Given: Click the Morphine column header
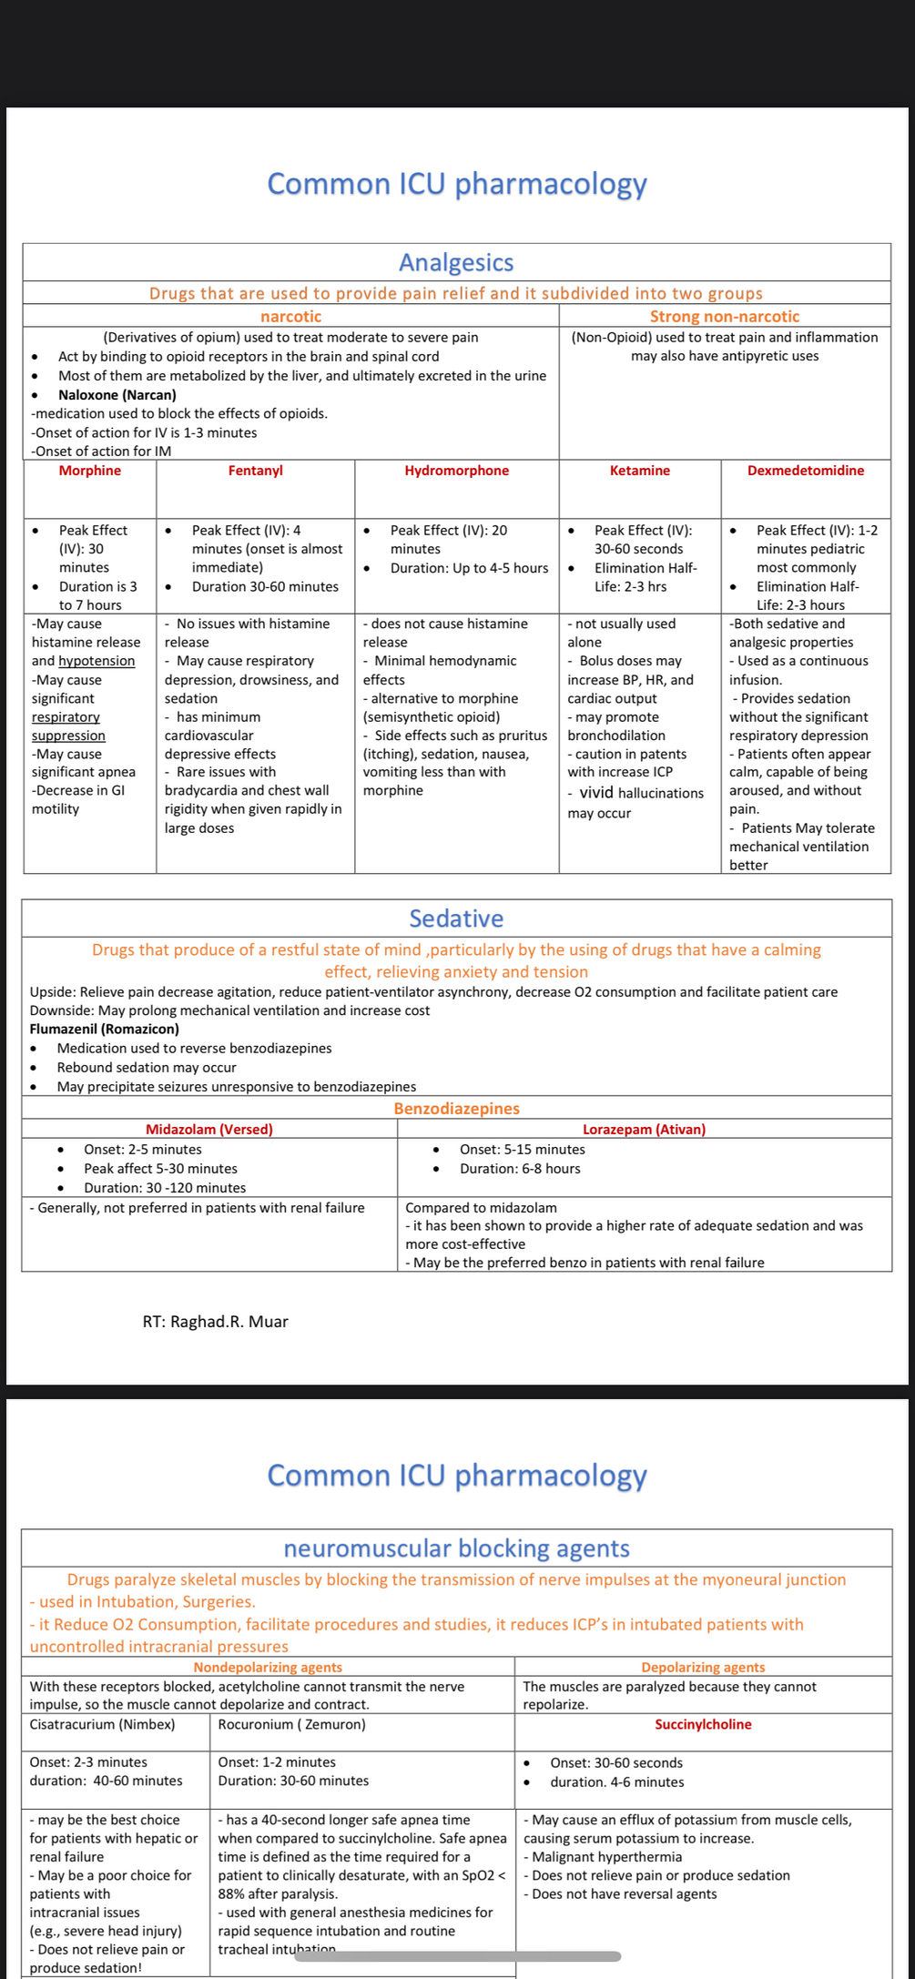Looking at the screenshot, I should pos(89,471).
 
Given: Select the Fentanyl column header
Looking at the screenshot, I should pos(255,471).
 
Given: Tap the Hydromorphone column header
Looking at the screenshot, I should pos(456,471).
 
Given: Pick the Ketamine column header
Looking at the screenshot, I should pos(639,471).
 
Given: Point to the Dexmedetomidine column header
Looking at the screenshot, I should pos(805,471).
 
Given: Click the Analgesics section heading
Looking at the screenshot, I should pos(456,263).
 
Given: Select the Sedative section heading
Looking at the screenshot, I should pos(456,918).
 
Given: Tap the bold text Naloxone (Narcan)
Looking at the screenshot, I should pos(117,395).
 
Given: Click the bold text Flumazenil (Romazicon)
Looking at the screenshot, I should pos(104,1029).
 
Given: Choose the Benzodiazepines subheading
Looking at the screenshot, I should pos(456,1109).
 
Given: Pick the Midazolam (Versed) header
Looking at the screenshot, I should pos(209,1130).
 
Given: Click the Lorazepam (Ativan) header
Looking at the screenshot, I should pos(644,1130).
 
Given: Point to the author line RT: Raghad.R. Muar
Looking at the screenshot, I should pos(215,1322).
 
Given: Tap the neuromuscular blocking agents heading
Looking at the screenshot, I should pos(456,1548).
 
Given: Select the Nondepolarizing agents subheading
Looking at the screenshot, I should pos(268,1668).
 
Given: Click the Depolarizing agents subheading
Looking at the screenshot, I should pos(703,1668).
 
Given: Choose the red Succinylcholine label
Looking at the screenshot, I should pos(703,1725).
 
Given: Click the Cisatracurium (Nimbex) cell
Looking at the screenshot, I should pos(102,1725).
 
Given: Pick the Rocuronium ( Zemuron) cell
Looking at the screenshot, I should pos(291,1725).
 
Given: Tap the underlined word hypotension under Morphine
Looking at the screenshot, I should pos(97,662).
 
